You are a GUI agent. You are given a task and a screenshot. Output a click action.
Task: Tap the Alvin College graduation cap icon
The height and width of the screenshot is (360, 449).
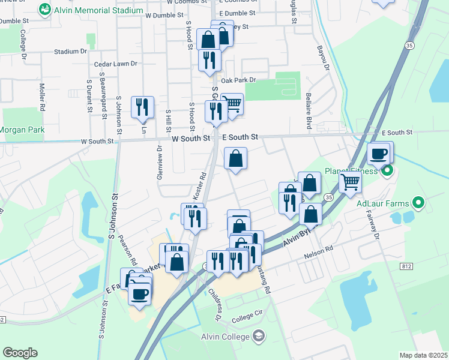click(259, 335)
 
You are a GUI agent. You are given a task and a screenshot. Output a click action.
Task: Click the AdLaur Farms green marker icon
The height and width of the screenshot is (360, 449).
click(420, 203)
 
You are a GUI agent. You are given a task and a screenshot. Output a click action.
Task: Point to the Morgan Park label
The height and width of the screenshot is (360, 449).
click(22, 130)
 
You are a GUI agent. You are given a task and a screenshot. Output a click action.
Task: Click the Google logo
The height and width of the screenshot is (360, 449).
click(20, 353)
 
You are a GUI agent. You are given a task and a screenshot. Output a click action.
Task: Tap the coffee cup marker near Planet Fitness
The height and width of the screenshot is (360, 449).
click(379, 154)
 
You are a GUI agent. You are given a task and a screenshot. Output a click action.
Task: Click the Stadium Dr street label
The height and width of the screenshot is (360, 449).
click(70, 52)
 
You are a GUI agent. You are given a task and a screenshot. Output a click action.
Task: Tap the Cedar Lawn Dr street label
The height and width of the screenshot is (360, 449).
click(115, 64)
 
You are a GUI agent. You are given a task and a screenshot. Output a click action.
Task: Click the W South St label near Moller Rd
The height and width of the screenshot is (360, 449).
click(97, 141)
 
